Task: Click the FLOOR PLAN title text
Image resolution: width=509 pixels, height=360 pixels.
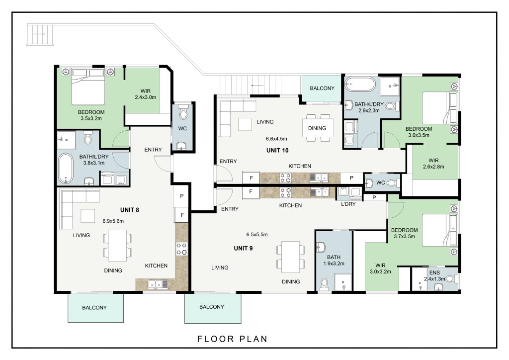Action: [233, 339]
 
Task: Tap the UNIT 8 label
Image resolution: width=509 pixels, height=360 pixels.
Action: [130, 210]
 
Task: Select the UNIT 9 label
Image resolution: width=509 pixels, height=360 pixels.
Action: [243, 248]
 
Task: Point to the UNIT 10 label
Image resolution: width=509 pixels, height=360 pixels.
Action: [277, 150]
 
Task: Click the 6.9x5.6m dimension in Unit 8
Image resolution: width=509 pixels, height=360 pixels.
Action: [113, 221]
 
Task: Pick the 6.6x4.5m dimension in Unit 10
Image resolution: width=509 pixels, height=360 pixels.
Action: [276, 139]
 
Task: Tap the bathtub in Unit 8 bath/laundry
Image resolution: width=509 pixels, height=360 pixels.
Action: [66, 169]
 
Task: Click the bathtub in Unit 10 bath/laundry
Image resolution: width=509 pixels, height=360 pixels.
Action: [360, 85]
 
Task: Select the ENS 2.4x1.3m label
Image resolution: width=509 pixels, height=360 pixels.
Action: [434, 275]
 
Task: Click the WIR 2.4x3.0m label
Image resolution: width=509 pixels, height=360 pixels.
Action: [146, 94]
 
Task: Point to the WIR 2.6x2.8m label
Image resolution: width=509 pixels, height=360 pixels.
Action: [433, 164]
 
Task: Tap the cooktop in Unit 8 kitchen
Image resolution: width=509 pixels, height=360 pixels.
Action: [182, 249]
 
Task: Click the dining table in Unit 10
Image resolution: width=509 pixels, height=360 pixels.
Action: [318, 128]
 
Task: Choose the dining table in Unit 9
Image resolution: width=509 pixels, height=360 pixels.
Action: [290, 257]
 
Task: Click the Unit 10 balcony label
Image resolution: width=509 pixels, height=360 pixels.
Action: [322, 89]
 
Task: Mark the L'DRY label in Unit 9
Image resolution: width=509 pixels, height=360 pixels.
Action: [348, 204]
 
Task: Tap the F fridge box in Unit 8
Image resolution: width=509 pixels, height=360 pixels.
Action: [182, 215]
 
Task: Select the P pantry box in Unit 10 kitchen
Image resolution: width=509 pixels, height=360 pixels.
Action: [351, 178]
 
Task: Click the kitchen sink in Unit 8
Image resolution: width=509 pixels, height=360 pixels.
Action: [158, 284]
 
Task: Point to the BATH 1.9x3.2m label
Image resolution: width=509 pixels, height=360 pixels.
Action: [334, 261]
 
